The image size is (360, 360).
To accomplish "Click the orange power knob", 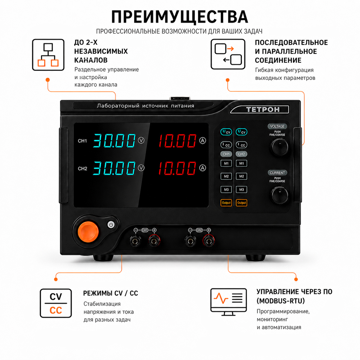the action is click(88, 231).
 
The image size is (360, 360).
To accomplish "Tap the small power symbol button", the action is click(111, 225).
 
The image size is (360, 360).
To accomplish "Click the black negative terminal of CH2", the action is click(190, 241).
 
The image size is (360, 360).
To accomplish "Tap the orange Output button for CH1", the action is click(226, 203).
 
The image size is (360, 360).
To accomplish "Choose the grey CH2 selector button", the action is click(242, 154).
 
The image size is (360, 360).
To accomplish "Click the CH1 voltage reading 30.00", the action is click(114, 140).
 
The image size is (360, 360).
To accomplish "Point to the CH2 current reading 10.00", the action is click(177, 168).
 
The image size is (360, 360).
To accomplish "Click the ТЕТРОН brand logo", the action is click(263, 109).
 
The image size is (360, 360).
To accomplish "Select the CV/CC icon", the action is click(56, 303).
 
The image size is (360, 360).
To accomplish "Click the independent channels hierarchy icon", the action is click(48, 55).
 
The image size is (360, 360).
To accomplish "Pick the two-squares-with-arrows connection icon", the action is click(228, 54).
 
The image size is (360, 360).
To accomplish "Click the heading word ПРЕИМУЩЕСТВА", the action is click(180, 17).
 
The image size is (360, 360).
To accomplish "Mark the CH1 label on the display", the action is click(82, 141).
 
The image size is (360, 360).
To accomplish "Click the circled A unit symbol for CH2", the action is click(202, 168).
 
